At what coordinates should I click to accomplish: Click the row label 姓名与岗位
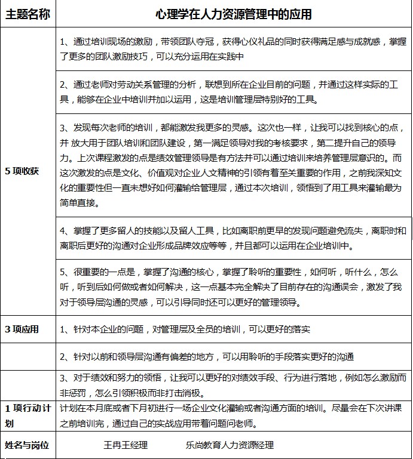tap(27, 445)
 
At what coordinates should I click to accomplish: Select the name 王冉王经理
tap(126, 445)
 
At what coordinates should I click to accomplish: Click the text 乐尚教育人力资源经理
tap(230, 445)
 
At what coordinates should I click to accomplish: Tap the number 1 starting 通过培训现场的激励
tap(63, 42)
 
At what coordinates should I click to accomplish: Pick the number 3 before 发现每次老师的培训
tap(63, 128)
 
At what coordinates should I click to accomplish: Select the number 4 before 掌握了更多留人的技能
tap(63, 231)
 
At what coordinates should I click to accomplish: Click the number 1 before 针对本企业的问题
tap(63, 329)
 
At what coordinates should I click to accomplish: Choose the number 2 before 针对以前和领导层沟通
tap(63, 357)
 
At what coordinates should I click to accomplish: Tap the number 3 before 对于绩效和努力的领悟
tap(63, 378)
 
